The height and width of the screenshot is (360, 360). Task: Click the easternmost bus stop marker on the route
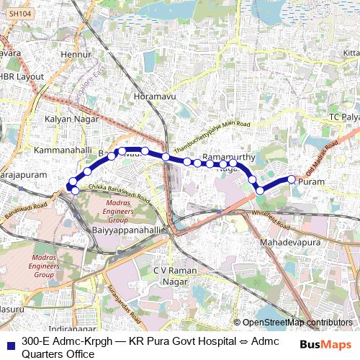[292, 179]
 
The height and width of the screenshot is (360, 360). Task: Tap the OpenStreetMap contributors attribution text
[297, 323]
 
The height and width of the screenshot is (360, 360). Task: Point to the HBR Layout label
[22, 76]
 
